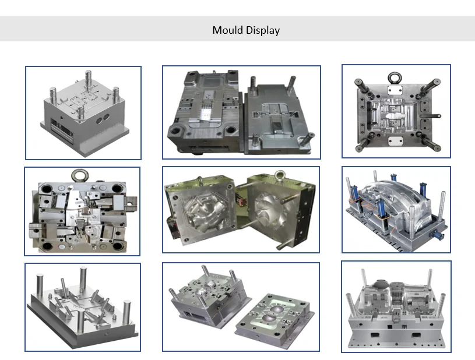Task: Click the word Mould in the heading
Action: point(227,30)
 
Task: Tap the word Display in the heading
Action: point(263,30)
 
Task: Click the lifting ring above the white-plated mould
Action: point(395,78)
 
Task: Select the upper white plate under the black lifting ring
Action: point(395,90)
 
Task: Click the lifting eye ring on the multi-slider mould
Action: point(80,175)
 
